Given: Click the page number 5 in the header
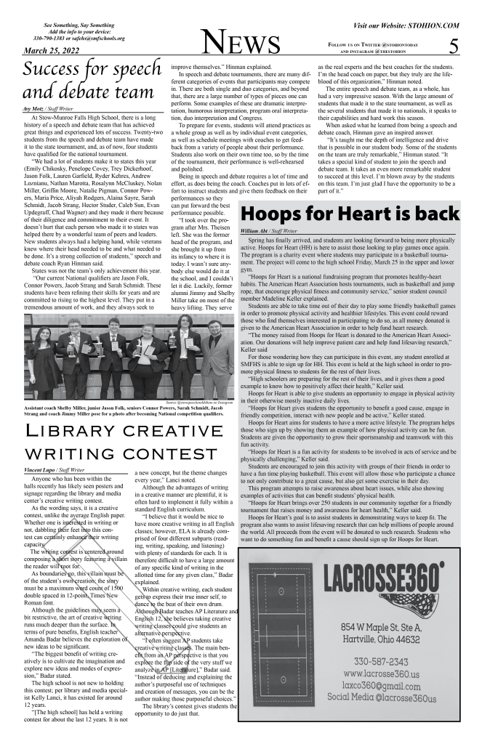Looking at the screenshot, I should (x=453, y=46).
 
